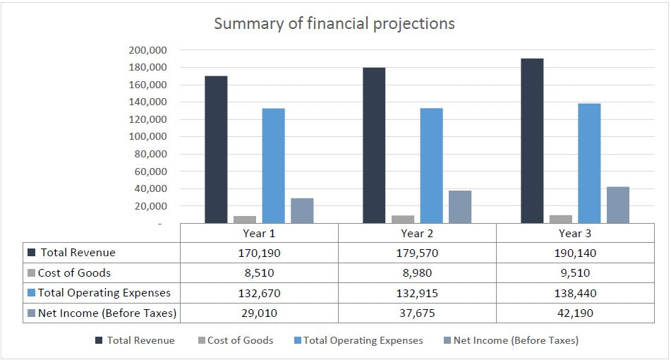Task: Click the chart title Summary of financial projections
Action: point(334,23)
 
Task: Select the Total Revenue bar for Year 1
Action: point(216,150)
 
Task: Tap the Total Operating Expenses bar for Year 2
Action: point(431,166)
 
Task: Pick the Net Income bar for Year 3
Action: point(617,205)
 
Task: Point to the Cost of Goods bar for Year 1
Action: point(245,220)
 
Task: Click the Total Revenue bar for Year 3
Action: point(532,141)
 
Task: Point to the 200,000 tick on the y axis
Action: point(147,50)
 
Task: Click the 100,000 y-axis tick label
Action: point(147,137)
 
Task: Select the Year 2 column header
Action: point(417,233)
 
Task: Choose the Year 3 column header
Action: point(575,233)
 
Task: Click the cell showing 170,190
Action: point(259,253)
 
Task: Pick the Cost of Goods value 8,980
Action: point(417,272)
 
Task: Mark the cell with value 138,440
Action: point(575,292)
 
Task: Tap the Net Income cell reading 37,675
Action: point(417,313)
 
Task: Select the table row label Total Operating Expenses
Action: point(104,292)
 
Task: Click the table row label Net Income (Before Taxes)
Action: point(107,313)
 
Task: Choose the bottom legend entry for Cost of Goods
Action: point(240,340)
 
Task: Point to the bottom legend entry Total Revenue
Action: point(140,340)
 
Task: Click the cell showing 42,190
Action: point(575,313)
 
